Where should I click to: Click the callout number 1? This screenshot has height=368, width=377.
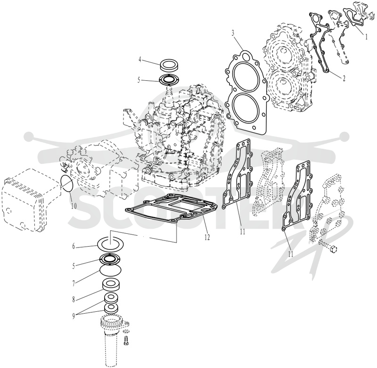pyautogui.click(x=366, y=37)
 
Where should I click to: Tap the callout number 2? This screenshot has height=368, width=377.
pyautogui.click(x=344, y=78)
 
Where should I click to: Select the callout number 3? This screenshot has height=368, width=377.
pyautogui.click(x=233, y=33)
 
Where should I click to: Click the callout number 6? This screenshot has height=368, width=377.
pyautogui.click(x=74, y=246)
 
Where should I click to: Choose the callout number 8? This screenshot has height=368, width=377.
pyautogui.click(x=74, y=300)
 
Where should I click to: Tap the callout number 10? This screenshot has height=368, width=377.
pyautogui.click(x=74, y=206)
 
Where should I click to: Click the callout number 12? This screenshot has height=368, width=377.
pyautogui.click(x=207, y=237)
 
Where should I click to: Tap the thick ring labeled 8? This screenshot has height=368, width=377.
pyautogui.click(x=111, y=286)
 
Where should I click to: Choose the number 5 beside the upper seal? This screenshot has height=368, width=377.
pyautogui.click(x=139, y=80)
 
